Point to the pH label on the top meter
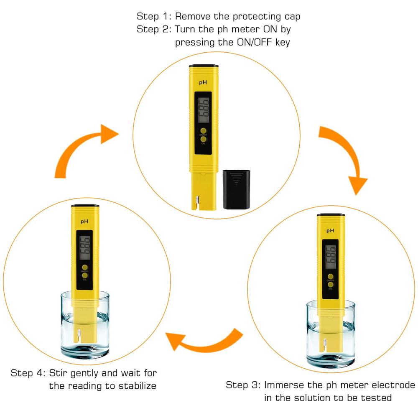203,83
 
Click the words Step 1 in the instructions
153,17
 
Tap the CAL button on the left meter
85,275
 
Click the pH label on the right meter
330,231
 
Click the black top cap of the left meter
85,206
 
